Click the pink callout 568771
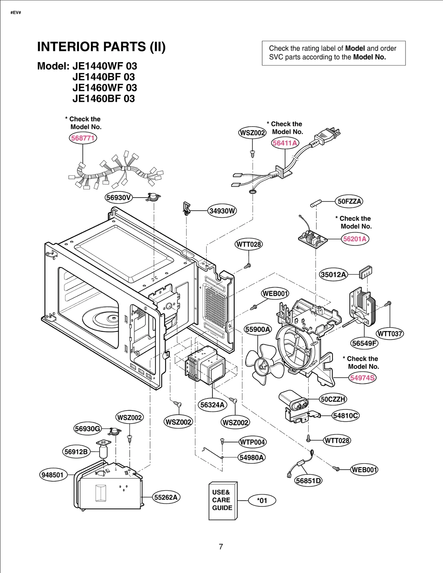(x=83, y=138)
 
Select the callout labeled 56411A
(x=285, y=143)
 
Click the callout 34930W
(x=222, y=211)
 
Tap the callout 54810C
(x=346, y=415)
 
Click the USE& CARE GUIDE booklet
(x=223, y=500)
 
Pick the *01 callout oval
(x=262, y=501)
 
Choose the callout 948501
(x=53, y=475)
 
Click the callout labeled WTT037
(x=390, y=334)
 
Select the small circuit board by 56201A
(x=312, y=239)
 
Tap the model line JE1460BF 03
(x=104, y=99)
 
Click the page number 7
(x=221, y=546)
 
